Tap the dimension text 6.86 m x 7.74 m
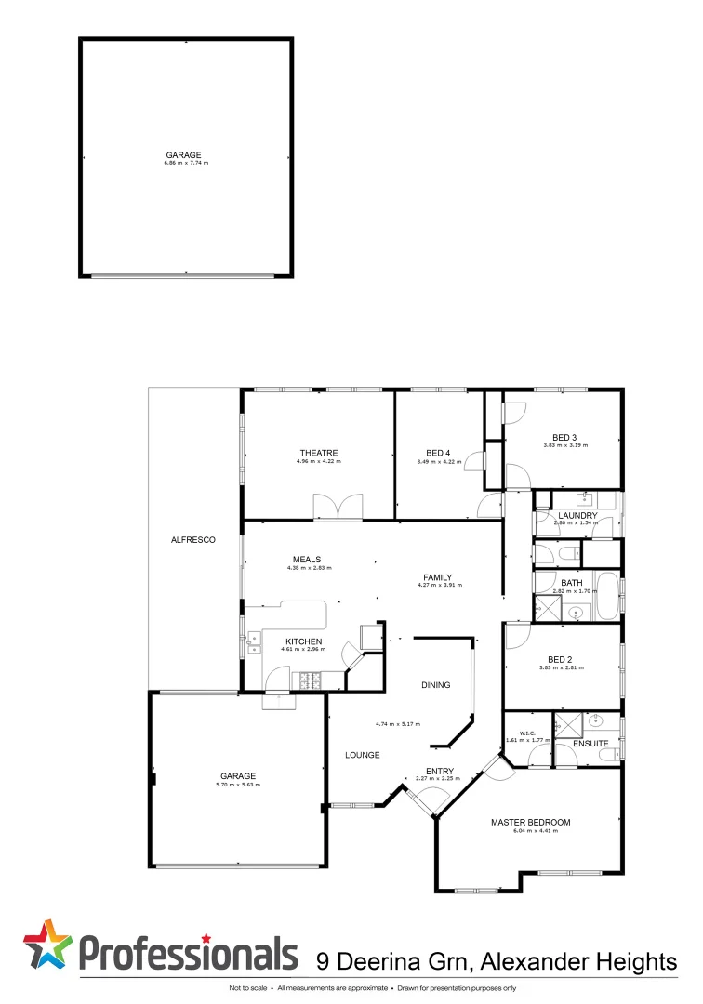pos(186,164)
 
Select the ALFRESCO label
pos(193,539)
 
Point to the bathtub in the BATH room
pos(608,597)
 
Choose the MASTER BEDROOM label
pos(530,822)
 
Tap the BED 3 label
pos(564,437)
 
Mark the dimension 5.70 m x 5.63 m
pos(238,786)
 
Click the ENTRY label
pos(440,771)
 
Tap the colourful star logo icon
pos(47,948)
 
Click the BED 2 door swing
pos(517,635)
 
